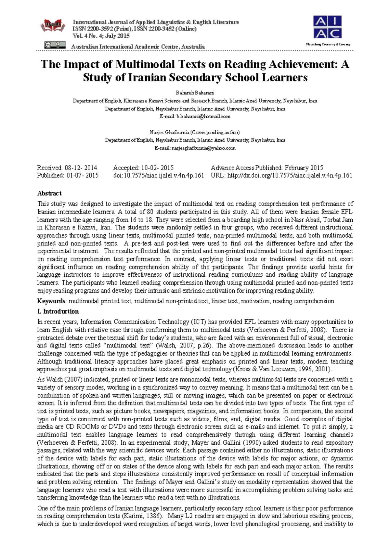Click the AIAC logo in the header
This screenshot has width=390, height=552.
point(327,28)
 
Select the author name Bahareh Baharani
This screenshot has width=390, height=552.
point(195,93)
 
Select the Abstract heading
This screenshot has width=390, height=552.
point(49,193)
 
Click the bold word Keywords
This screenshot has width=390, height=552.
point(51,301)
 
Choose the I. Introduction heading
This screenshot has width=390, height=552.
point(58,311)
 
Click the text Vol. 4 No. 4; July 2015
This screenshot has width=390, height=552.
point(101,36)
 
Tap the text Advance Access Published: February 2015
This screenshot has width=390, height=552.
point(267,168)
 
